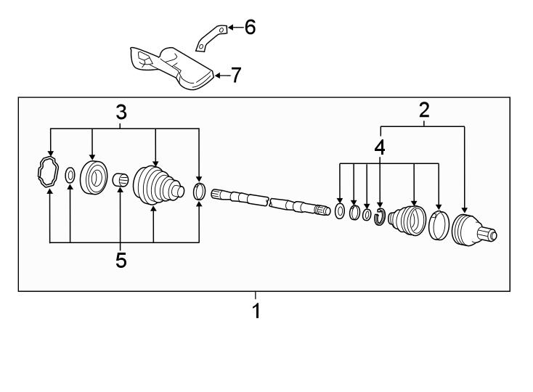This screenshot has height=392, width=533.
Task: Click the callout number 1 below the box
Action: click(255, 312)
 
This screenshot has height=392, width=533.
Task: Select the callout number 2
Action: click(424, 110)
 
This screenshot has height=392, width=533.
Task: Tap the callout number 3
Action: click(121, 112)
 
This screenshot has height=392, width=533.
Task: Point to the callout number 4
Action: click(379, 147)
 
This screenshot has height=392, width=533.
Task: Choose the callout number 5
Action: click(121, 261)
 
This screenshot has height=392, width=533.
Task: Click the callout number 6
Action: click(249, 28)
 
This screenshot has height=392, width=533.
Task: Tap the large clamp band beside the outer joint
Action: click(438, 225)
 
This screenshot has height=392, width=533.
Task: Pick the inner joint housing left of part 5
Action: click(93, 178)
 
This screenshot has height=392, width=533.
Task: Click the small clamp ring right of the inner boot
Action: click(200, 192)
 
